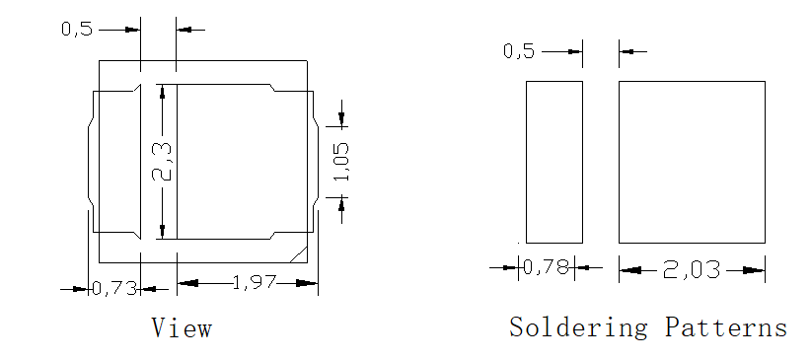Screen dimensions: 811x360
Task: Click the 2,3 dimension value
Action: [x=162, y=162]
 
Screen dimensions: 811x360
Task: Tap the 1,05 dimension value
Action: [x=341, y=162]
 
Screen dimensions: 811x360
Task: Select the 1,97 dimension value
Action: [x=254, y=283]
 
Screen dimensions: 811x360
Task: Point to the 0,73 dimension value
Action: [x=114, y=289]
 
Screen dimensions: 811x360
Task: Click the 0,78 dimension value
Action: [x=546, y=267]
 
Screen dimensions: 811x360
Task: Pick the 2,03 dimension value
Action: [x=691, y=270]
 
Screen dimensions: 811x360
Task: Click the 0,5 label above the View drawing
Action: [x=77, y=30]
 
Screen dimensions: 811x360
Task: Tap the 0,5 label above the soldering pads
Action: [x=519, y=51]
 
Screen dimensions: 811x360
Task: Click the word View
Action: [x=182, y=327]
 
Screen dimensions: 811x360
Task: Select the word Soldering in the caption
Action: [x=578, y=327]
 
